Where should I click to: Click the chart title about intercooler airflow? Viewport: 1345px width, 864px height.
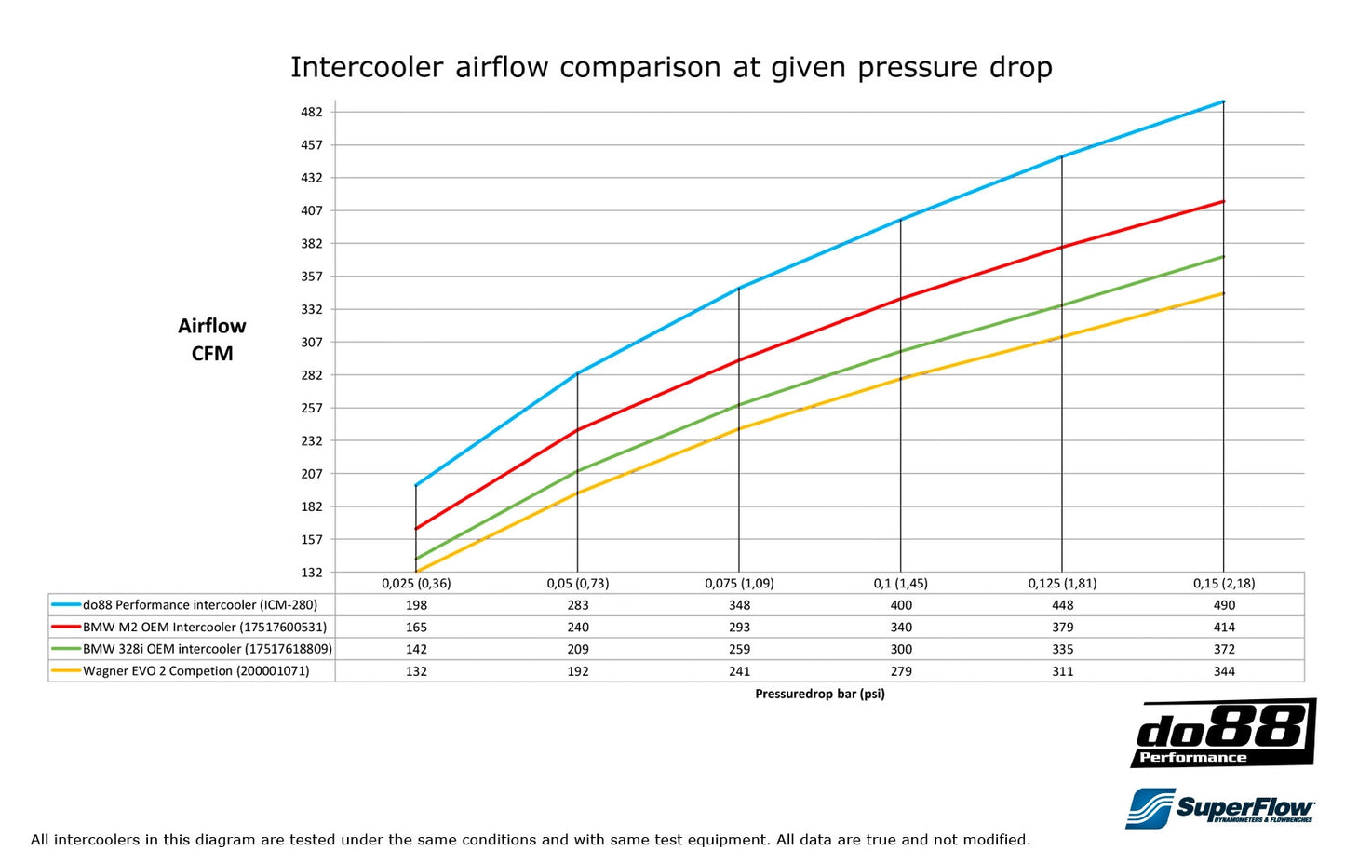671,68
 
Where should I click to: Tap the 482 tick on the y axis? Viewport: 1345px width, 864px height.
311,112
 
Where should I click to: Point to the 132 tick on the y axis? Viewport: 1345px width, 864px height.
311,573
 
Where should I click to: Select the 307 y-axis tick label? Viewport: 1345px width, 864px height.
311,342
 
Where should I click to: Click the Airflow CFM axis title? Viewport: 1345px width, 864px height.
212,340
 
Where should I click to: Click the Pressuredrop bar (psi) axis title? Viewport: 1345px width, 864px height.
819,694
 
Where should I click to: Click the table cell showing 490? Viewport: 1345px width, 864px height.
1224,605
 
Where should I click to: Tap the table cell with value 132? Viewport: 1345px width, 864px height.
416,671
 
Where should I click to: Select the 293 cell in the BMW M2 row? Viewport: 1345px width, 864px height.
739,628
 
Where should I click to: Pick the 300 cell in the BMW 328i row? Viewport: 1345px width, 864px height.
901,649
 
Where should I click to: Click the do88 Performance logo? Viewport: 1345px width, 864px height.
1223,734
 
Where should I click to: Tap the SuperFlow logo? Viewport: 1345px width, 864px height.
1219,807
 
